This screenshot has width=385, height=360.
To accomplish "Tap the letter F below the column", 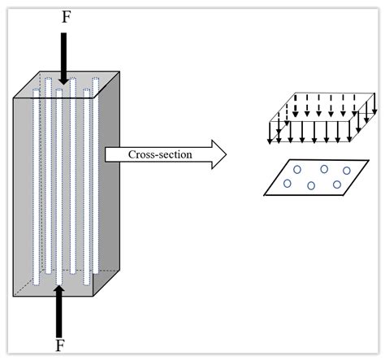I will click(60, 345).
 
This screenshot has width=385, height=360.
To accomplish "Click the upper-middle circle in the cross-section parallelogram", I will click(324, 169).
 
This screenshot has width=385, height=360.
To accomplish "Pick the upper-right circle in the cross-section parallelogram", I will click(348, 171).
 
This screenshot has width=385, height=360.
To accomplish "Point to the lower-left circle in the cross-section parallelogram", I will click(288, 184).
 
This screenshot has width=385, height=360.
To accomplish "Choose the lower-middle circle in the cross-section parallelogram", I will click(312, 186).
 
